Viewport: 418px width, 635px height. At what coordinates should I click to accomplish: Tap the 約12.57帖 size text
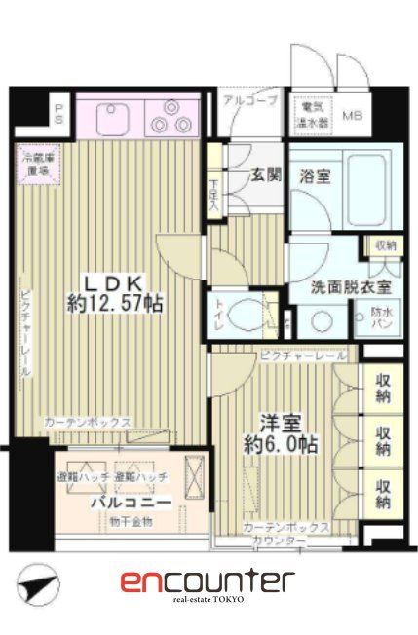[115, 304]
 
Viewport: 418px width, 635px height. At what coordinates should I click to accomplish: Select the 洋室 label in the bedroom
[279, 423]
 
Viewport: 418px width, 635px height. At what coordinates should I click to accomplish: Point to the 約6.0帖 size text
[280, 445]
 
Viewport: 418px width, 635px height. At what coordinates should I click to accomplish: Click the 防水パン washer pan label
[382, 318]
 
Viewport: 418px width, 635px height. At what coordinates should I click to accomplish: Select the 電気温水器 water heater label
[312, 114]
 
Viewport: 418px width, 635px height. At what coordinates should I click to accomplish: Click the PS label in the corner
[58, 113]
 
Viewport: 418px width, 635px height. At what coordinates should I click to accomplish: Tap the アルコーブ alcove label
[249, 101]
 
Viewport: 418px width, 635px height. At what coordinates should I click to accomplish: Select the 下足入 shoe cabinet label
[214, 189]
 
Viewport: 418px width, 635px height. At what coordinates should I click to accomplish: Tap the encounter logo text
[208, 582]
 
